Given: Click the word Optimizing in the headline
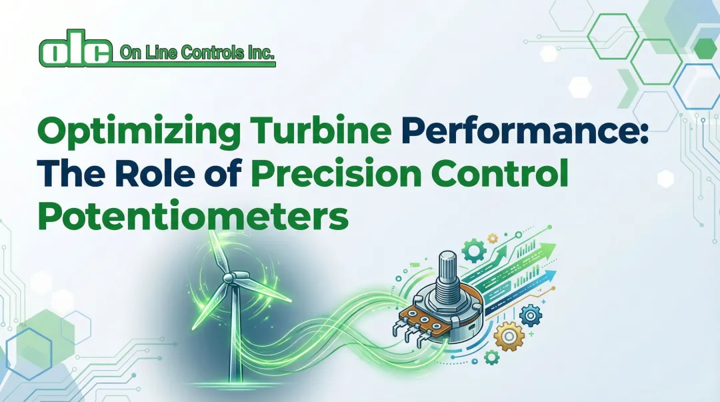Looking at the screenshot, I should [x=131, y=132].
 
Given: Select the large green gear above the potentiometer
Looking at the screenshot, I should [x=474, y=251].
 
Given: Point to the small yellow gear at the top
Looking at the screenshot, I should [x=493, y=237].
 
